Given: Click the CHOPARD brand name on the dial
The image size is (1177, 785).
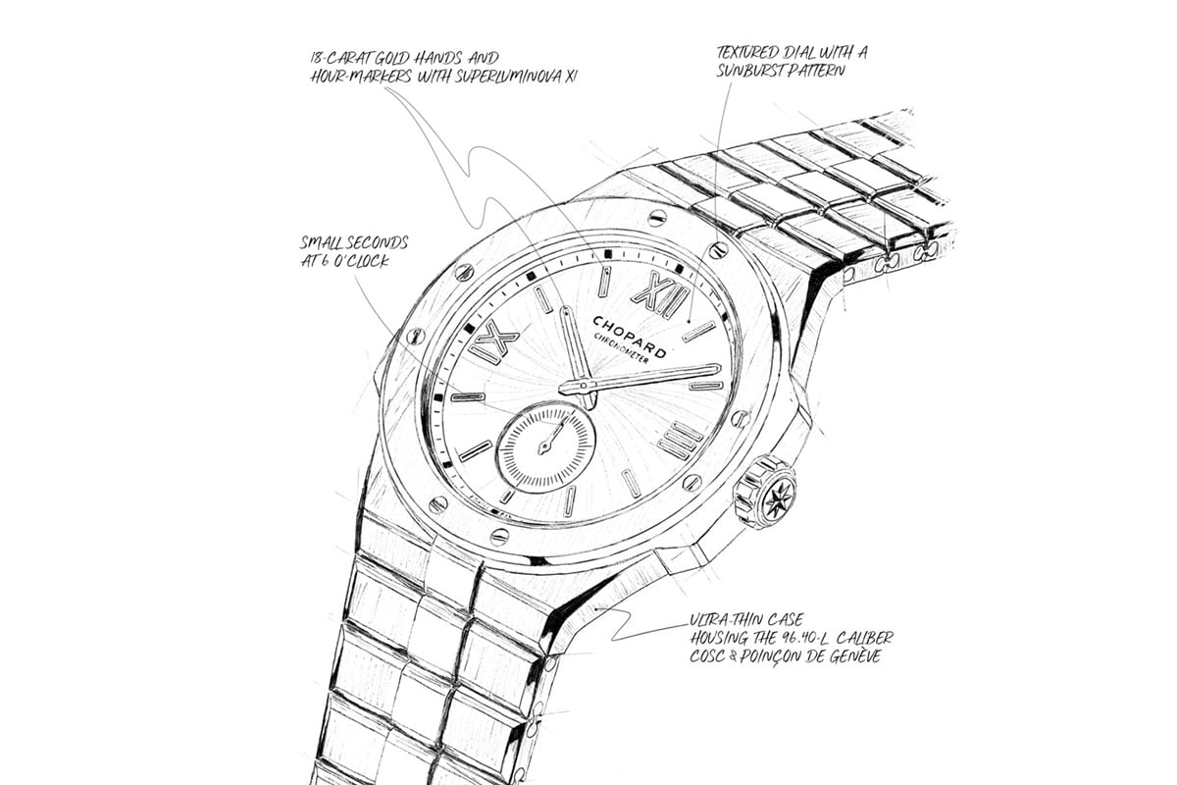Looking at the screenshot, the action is pyautogui.click(x=629, y=337).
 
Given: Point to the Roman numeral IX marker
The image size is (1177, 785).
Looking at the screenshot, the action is pyautogui.click(x=492, y=340).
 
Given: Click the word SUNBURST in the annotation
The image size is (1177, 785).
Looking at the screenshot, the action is pyautogui.click(x=749, y=71).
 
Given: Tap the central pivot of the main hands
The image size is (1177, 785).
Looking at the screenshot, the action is pyautogui.click(x=584, y=386).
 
